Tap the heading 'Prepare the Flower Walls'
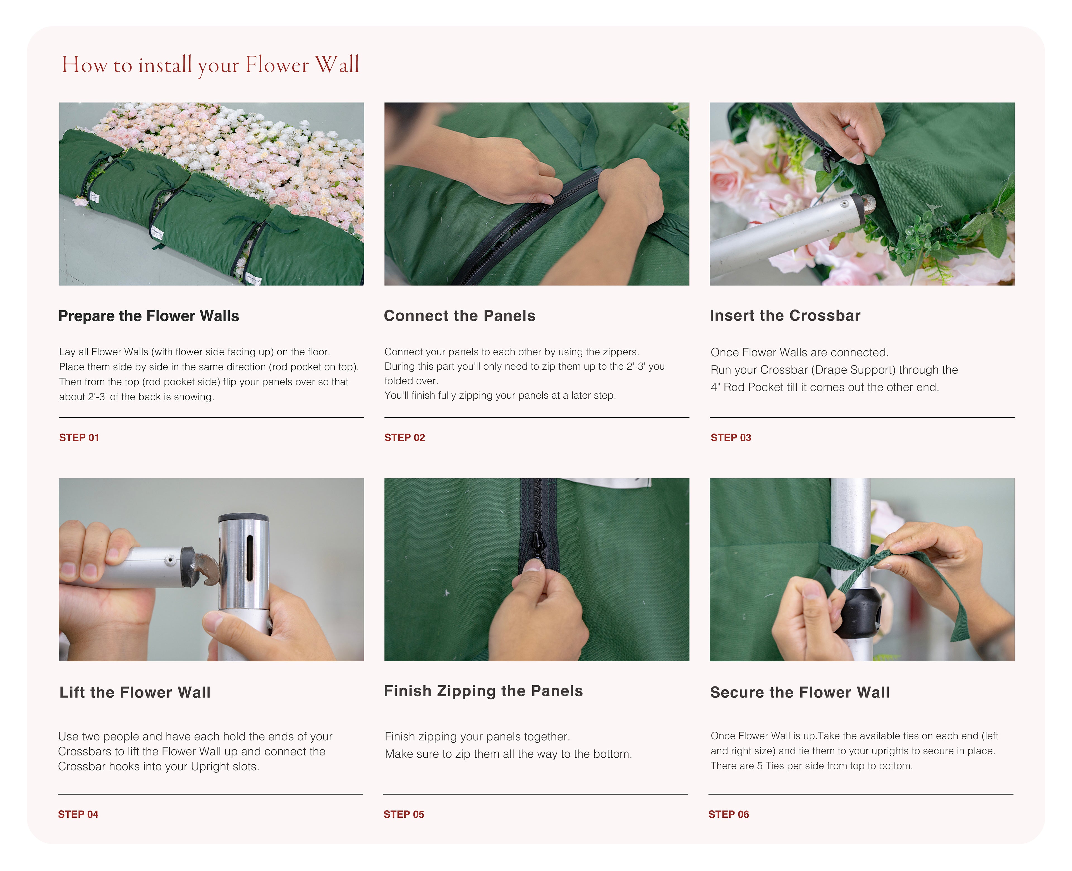(149, 316)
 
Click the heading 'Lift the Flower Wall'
(135, 692)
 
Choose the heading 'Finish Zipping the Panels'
(483, 691)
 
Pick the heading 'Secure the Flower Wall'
(800, 692)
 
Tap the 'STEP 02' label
(404, 437)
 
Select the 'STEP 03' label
(731, 437)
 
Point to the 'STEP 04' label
(78, 814)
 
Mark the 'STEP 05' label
(404, 814)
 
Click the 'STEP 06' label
(728, 814)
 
